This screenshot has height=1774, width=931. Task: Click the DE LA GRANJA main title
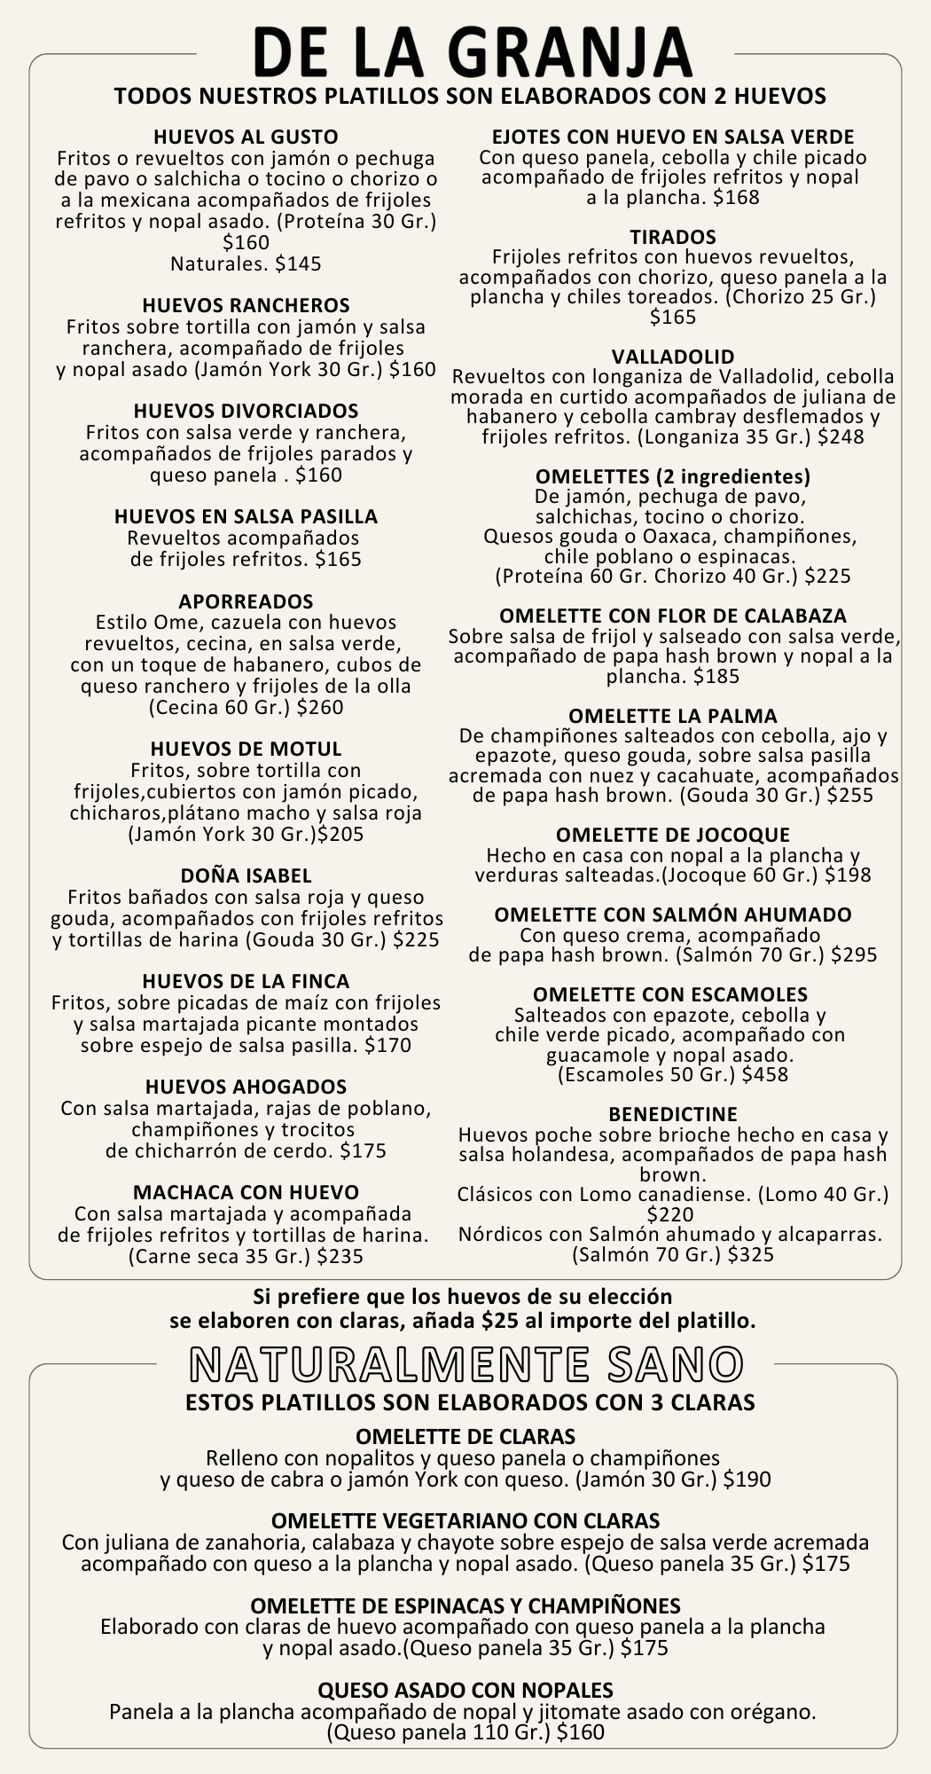[x=472, y=51]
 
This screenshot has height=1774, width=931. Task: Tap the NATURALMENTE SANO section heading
[x=465, y=1365]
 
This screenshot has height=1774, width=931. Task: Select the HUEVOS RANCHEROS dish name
[x=246, y=306]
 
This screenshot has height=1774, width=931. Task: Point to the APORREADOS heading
[x=246, y=601]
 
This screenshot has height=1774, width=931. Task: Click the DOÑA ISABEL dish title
[x=246, y=876]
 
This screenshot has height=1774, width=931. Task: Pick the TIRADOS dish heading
[x=673, y=237]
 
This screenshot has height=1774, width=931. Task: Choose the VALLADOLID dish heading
[x=673, y=357]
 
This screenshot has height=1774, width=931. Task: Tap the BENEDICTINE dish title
[x=673, y=1114]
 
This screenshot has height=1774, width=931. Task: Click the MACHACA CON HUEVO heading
[x=246, y=1192]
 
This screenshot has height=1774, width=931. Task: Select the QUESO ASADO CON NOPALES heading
[x=465, y=1690]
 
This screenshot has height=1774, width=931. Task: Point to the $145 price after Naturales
[x=298, y=264]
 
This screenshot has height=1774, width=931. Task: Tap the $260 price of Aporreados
[x=320, y=708]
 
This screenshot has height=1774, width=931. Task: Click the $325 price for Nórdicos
[x=751, y=1254]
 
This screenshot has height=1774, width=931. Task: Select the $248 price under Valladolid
[x=841, y=437]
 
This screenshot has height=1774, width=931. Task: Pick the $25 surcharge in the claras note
[x=499, y=1321]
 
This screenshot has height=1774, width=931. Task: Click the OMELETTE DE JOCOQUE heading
[x=673, y=836]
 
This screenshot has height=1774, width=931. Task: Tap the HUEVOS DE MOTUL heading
[x=246, y=749]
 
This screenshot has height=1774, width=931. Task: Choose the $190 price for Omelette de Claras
[x=747, y=1480]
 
